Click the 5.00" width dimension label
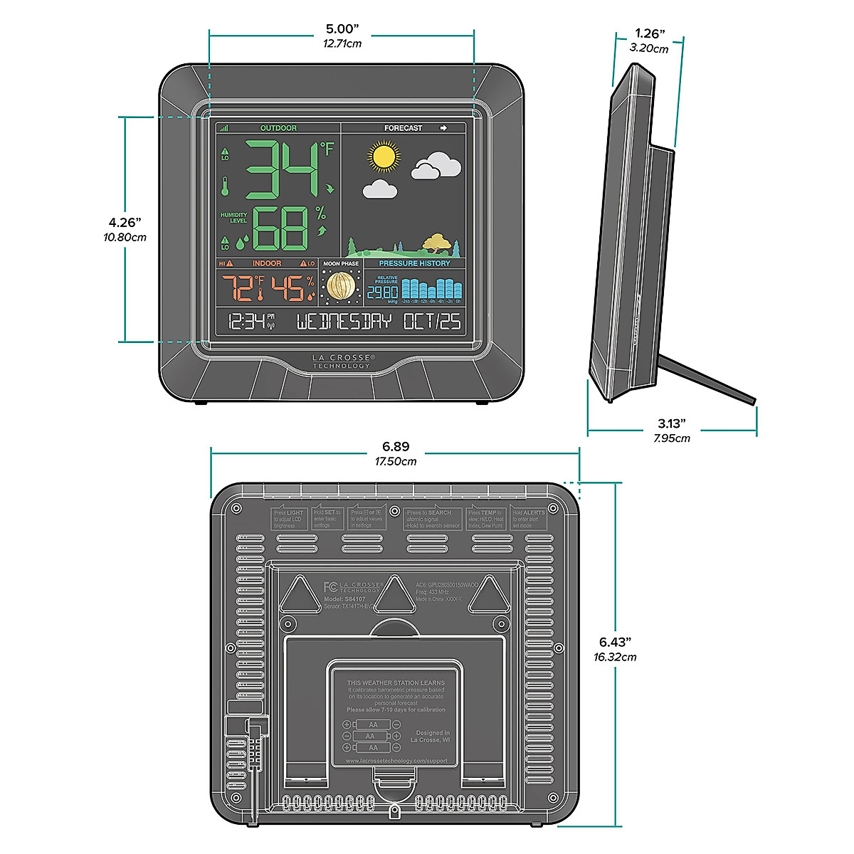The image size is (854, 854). point(342,29)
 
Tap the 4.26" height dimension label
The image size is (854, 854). point(125,223)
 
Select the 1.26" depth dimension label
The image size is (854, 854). point(650,33)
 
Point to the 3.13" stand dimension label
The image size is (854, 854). point(672,424)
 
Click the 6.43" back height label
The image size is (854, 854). point(615,642)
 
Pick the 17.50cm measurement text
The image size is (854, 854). point(396,461)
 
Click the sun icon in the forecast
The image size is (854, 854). point(384,156)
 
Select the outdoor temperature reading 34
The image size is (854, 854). point(282,170)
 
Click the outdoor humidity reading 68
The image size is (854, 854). point(280,228)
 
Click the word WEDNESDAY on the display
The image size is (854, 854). point(344,322)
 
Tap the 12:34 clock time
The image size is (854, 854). point(246,322)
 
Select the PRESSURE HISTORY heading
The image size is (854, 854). point(414,263)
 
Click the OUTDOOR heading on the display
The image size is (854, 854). point(278,128)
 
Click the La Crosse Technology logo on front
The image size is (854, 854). point(342,362)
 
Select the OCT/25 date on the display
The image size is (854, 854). point(432,322)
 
